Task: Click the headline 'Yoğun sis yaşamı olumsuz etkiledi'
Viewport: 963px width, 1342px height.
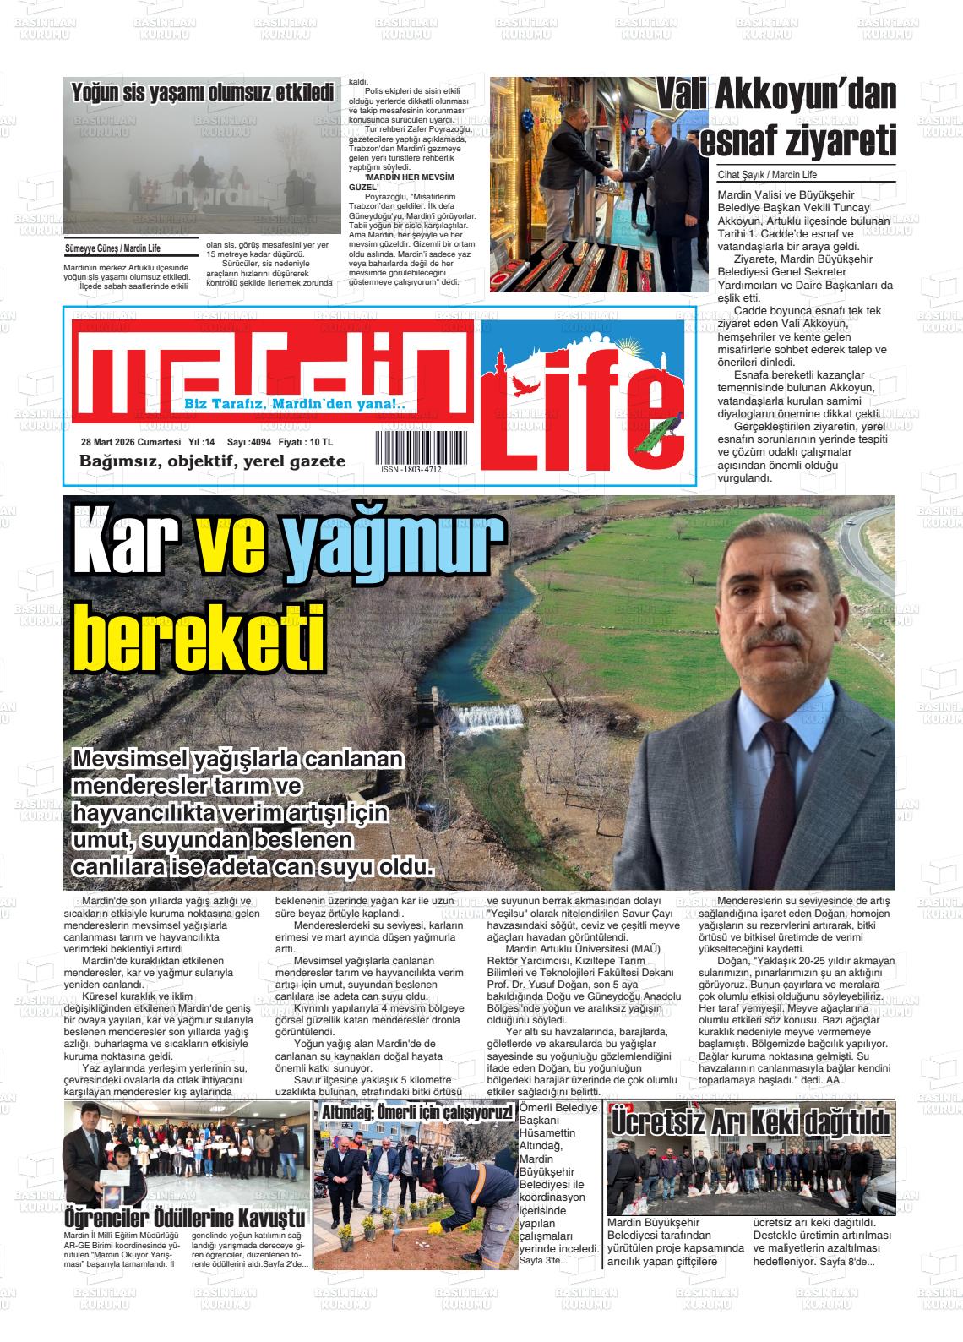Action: (203, 93)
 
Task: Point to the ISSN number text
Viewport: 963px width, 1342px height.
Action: (411, 469)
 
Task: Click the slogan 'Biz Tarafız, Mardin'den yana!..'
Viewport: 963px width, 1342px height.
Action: (295, 405)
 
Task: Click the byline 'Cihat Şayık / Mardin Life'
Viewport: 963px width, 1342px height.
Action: (768, 175)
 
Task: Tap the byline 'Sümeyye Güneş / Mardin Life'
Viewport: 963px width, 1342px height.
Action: (112, 248)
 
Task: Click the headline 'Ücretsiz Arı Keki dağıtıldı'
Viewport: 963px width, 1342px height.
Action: (751, 1123)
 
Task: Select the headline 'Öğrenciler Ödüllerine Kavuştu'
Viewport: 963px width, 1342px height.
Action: (185, 1219)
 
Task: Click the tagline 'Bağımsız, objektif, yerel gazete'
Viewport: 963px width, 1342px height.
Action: (212, 461)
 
